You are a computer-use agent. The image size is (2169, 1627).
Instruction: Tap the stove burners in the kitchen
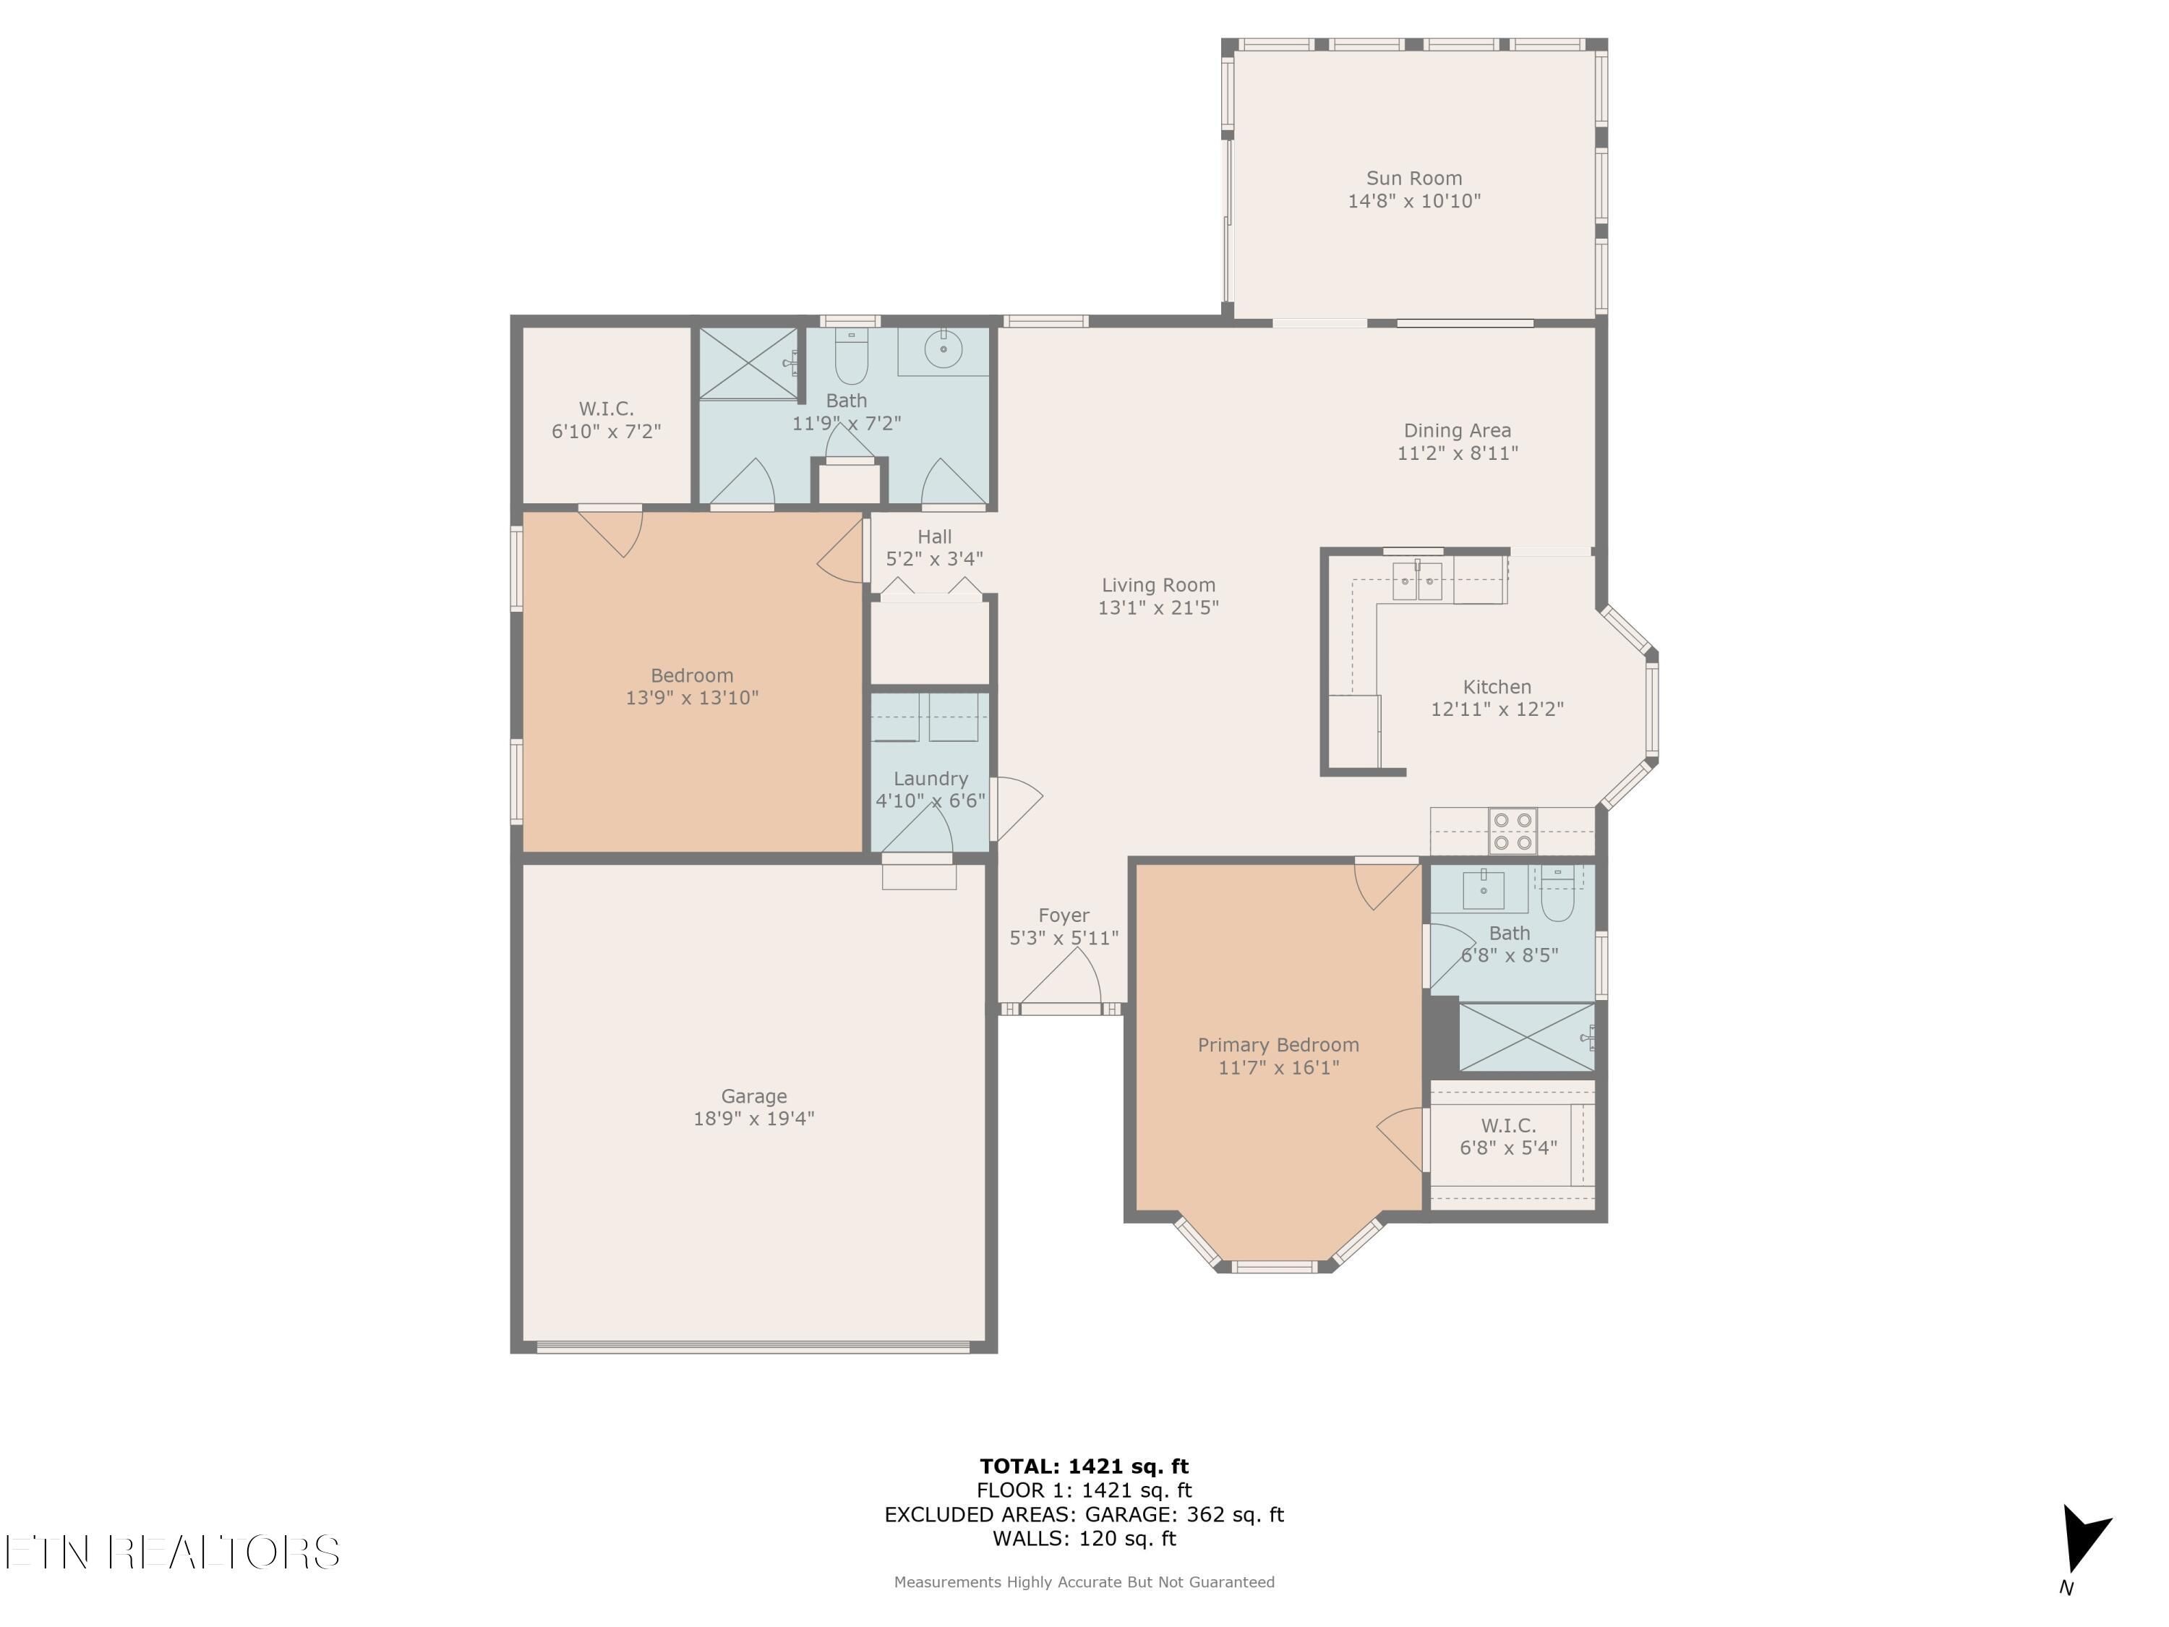(1513, 831)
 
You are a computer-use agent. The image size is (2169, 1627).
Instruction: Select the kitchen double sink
(1417, 581)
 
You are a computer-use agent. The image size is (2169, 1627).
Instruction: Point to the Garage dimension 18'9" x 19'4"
(754, 1118)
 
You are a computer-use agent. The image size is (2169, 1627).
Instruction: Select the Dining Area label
(1457, 430)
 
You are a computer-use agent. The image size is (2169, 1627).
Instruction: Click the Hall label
(934, 537)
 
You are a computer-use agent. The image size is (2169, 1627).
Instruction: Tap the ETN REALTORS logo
(173, 1552)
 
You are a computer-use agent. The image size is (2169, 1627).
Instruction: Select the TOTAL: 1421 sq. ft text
(1084, 1466)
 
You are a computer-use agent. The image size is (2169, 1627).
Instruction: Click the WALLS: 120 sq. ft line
(1084, 1539)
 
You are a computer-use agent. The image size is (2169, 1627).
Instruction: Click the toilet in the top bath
(851, 355)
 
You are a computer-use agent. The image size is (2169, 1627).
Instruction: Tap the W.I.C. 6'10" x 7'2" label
(606, 419)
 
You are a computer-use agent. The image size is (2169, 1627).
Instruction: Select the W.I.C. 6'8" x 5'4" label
(1508, 1136)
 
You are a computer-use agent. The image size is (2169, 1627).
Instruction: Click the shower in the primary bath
(1527, 1037)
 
